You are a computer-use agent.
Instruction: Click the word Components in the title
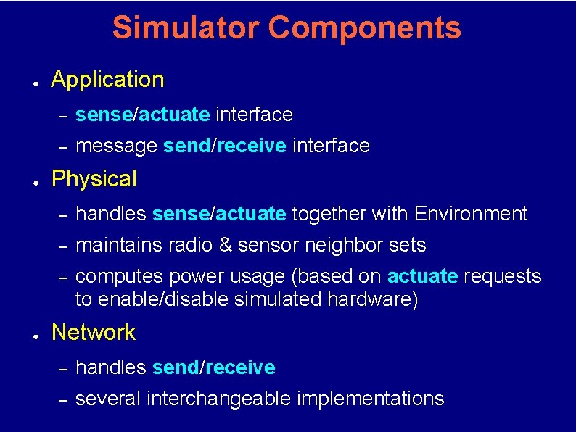(x=364, y=28)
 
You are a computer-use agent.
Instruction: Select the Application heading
(x=108, y=80)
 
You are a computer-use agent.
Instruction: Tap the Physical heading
(x=94, y=179)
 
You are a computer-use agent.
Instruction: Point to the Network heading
(x=94, y=333)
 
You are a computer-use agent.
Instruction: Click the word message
(x=116, y=146)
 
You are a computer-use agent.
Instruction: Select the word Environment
(x=471, y=214)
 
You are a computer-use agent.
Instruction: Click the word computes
(x=119, y=277)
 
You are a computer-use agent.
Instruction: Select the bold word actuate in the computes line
(x=422, y=277)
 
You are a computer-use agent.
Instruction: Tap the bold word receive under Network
(x=240, y=368)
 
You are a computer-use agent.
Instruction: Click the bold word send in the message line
(x=186, y=146)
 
